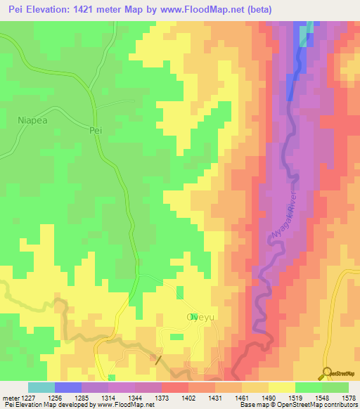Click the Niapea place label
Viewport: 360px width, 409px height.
click(32, 120)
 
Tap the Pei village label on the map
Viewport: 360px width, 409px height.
click(96, 130)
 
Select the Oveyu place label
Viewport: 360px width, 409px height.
click(199, 317)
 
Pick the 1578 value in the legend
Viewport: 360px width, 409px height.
click(347, 398)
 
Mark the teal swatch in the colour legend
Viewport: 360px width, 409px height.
click(41, 387)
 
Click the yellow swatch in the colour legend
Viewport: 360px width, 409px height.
click(281, 387)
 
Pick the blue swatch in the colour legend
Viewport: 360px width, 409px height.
click(68, 387)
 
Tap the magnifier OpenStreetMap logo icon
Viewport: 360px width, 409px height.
click(327, 372)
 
